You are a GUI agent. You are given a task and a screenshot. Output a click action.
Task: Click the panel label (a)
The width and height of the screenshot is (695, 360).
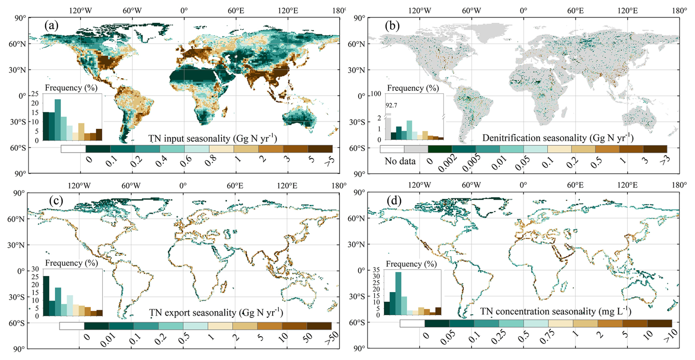(x=51, y=26)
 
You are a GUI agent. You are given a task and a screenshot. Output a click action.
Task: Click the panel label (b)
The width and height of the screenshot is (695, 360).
(x=392, y=26)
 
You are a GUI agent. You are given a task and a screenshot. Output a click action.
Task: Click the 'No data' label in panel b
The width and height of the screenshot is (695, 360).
(x=400, y=161)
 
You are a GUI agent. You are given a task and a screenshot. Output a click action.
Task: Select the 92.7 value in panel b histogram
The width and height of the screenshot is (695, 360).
(x=391, y=105)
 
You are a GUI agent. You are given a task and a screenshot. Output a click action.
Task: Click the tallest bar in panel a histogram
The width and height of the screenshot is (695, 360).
(x=58, y=120)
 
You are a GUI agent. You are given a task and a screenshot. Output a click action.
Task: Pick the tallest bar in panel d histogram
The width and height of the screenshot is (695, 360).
(x=398, y=293)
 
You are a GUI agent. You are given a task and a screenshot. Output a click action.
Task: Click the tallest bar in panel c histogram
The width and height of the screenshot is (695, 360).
(x=46, y=296)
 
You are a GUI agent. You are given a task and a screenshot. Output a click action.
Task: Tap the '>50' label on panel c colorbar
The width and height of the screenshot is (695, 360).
(x=331, y=338)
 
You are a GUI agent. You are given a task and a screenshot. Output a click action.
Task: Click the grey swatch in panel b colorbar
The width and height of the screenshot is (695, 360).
(x=416, y=149)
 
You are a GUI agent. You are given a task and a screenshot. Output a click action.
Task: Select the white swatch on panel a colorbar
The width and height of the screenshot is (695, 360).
(x=73, y=149)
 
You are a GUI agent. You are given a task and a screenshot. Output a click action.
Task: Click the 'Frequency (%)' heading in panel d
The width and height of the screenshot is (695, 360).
(x=411, y=264)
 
